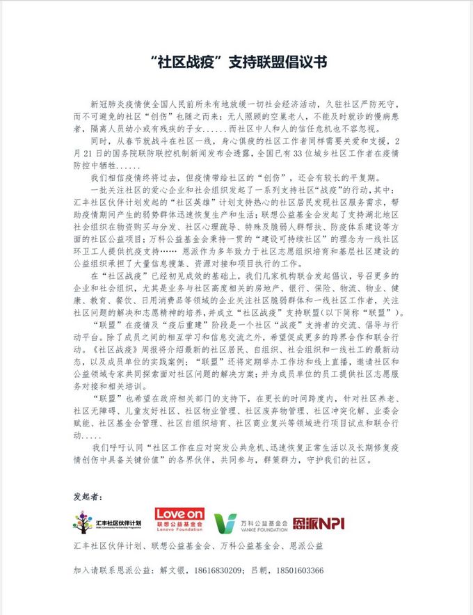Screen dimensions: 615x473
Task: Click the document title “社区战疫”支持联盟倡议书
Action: (x=236, y=62)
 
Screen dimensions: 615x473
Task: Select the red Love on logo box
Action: (x=179, y=516)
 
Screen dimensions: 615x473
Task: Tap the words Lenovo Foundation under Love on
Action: (x=179, y=530)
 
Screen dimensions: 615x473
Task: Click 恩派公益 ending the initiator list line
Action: (x=305, y=547)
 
